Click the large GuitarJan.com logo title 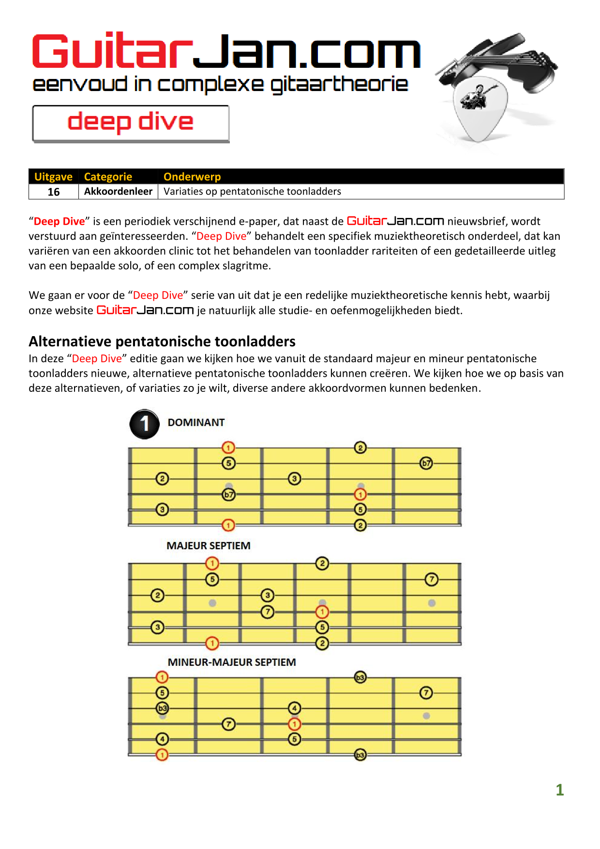point(226,52)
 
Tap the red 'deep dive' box point(131,123)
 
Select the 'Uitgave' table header point(53,177)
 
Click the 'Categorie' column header point(108,177)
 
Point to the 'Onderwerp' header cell point(192,177)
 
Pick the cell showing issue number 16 point(54,192)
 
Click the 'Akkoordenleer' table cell point(118,191)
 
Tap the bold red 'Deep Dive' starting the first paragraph point(59,221)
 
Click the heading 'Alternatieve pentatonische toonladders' point(162,341)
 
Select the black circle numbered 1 point(144,424)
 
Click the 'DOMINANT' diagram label point(196,422)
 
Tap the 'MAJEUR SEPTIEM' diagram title point(209,546)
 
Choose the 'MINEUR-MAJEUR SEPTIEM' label point(232,662)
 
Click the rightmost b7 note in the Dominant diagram point(426,463)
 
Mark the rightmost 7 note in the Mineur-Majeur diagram point(426,693)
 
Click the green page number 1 point(559,790)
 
